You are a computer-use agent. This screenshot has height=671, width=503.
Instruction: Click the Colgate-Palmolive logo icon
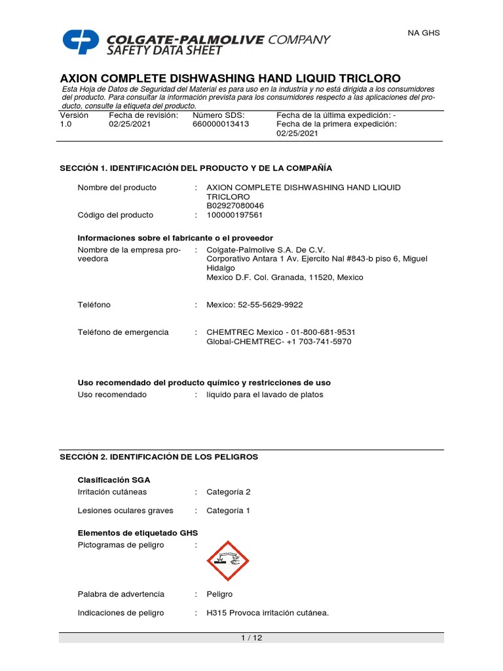[x=81, y=41]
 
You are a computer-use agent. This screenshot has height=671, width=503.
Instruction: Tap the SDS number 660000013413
[x=221, y=124]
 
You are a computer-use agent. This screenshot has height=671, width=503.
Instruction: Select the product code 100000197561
[x=235, y=215]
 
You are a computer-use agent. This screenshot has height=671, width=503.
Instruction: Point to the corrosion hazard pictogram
[x=228, y=561]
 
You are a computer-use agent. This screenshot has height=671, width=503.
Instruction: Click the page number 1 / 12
[x=251, y=638]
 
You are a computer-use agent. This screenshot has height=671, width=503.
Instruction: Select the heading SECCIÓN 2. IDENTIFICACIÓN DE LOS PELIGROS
[x=159, y=457]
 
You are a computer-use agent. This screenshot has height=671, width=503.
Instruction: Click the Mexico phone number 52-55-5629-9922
[x=255, y=305]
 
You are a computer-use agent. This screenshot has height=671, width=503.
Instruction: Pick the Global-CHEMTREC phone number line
[x=278, y=341]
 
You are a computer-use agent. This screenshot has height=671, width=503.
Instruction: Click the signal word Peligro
[x=219, y=594]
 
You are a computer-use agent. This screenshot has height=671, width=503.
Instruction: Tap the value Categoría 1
[x=228, y=510]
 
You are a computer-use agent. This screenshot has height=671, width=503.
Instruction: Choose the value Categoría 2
[x=228, y=491]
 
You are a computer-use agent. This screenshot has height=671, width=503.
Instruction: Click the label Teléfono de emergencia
[x=123, y=332]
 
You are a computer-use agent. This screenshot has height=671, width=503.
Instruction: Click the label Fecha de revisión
[x=143, y=115]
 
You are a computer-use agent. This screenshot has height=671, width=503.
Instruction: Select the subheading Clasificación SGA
[x=114, y=480]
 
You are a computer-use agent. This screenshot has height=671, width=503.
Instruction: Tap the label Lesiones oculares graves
[x=125, y=510]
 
